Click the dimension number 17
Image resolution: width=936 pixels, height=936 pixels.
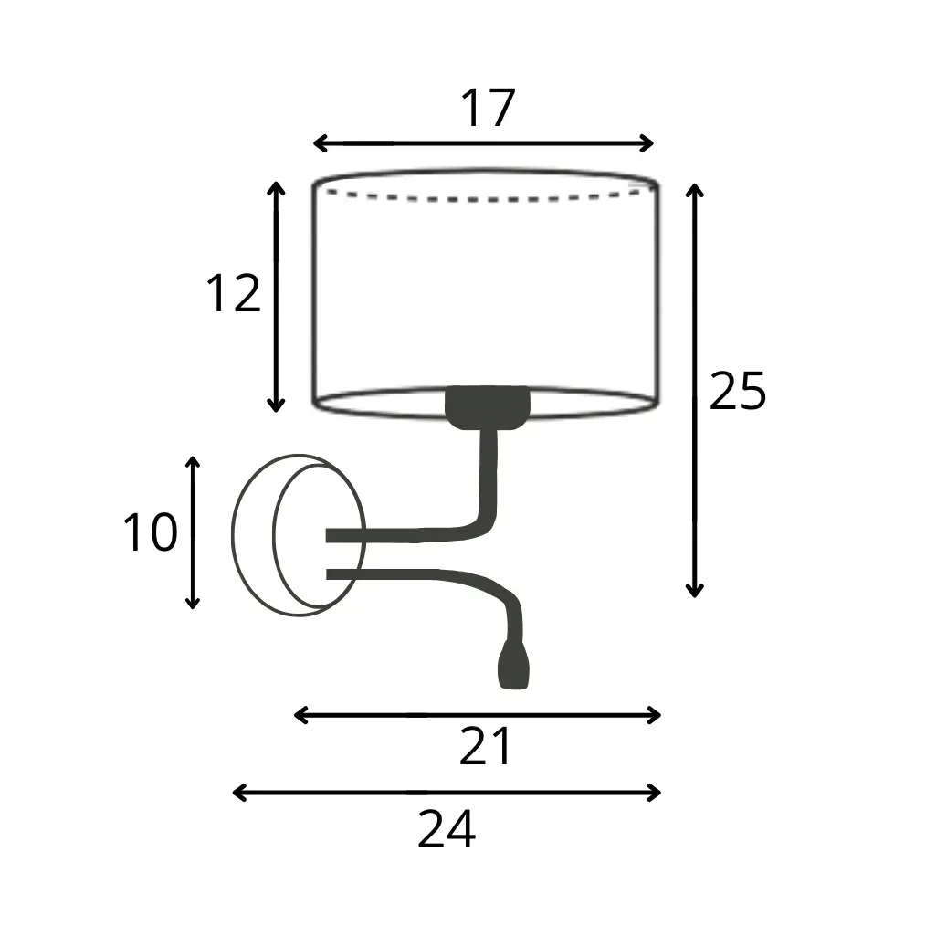488,108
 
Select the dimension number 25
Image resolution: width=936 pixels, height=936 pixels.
738,391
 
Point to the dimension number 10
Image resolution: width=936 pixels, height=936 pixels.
151,531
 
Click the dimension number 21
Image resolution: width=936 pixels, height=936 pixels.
485,746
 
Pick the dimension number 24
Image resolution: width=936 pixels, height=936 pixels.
447,829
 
